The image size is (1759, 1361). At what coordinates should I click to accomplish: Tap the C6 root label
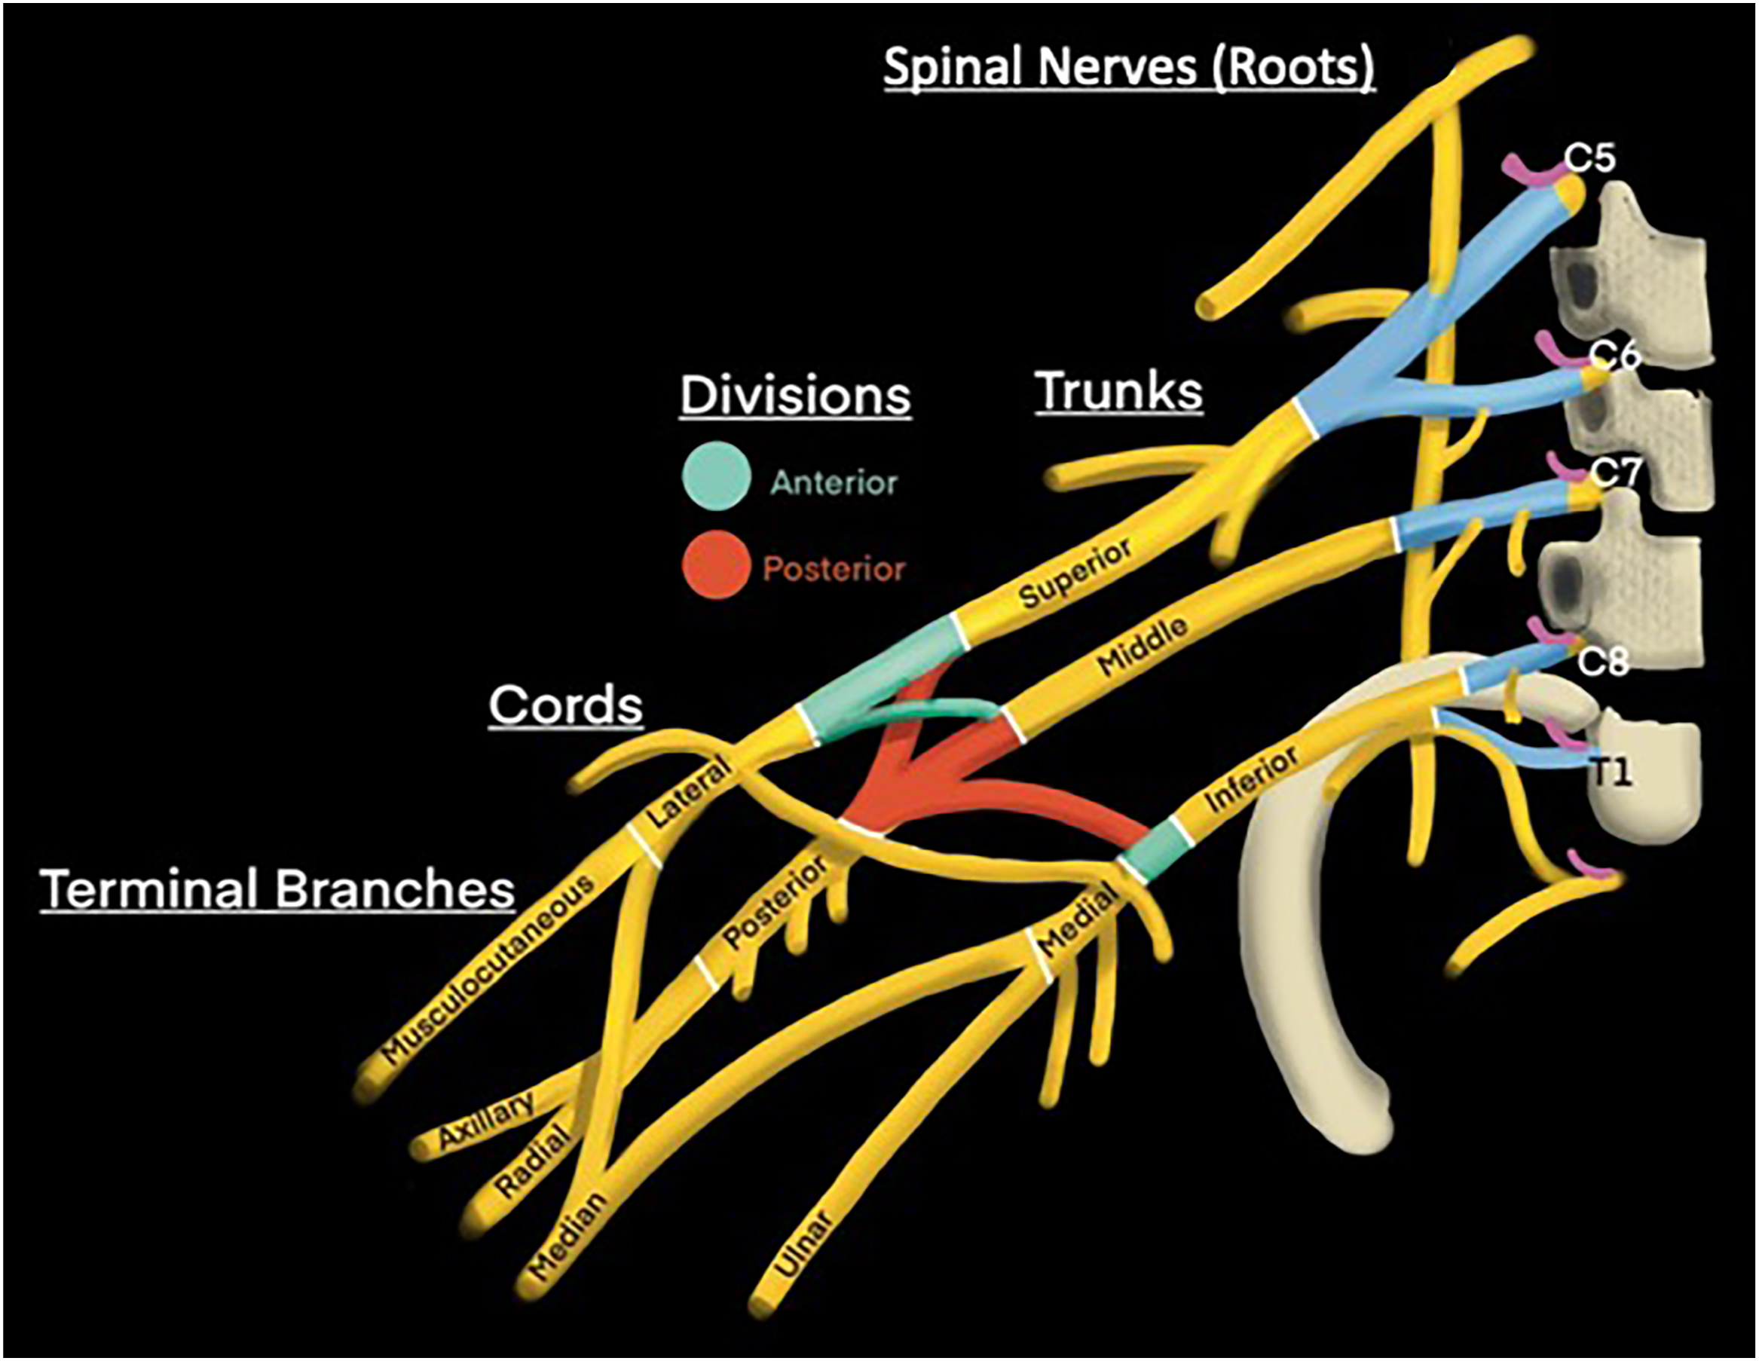coord(1614,354)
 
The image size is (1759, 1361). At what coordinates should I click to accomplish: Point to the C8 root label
coord(1603,662)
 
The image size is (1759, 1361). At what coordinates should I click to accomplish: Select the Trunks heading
coord(1118,391)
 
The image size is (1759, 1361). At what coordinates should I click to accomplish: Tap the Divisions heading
coord(795,396)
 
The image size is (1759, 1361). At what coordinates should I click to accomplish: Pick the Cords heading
coord(565,705)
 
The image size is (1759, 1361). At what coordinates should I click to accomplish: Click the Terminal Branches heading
coord(278,889)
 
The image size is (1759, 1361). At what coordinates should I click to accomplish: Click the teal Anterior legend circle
coord(716,476)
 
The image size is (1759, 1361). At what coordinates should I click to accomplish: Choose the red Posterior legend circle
coord(715,564)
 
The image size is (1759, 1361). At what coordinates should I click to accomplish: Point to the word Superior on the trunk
coord(1076,573)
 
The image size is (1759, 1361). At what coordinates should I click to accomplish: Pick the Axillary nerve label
coord(486,1119)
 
